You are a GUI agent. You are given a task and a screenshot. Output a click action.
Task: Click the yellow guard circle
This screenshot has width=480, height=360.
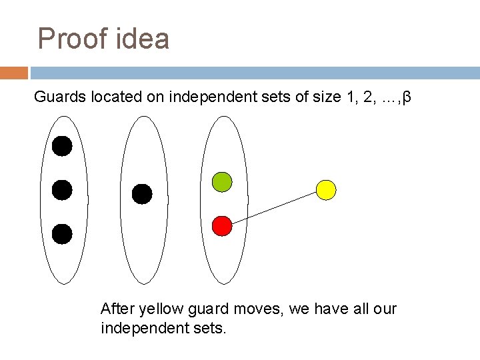(325, 190)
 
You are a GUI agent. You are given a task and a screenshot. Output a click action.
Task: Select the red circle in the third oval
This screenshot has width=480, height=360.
(221, 227)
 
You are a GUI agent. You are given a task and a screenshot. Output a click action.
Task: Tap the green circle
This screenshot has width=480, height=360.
(221, 181)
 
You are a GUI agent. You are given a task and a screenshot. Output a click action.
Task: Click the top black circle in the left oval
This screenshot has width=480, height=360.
(62, 147)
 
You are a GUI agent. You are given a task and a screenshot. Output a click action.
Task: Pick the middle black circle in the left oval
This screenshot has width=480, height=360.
(62, 190)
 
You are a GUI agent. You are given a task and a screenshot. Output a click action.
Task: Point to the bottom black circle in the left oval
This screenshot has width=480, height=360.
(62, 234)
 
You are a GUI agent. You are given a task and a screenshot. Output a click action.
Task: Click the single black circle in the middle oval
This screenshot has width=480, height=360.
(141, 194)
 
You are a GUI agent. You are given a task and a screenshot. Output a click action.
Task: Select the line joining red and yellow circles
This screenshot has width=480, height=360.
(273, 208)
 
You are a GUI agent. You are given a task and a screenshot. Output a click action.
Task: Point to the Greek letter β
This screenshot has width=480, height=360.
(408, 98)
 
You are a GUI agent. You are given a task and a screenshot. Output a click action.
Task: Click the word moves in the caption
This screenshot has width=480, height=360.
(240, 309)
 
